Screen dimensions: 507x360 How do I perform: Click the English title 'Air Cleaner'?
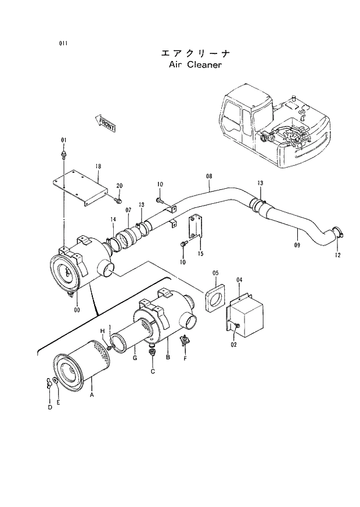pos(195,65)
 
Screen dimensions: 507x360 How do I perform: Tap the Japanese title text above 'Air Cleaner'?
pos(195,53)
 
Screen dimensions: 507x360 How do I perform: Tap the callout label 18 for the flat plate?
pos(98,166)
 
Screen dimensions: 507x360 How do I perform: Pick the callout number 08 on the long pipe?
pos(209,175)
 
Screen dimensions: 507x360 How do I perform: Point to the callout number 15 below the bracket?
pos(200,254)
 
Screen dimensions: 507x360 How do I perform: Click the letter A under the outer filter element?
pos(91,394)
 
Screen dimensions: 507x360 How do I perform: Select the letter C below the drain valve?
pos(153,371)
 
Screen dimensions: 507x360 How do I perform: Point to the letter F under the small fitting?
pos(185,359)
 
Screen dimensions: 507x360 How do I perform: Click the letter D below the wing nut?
pos(49,407)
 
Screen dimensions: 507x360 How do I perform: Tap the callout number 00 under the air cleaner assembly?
pos(77,310)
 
